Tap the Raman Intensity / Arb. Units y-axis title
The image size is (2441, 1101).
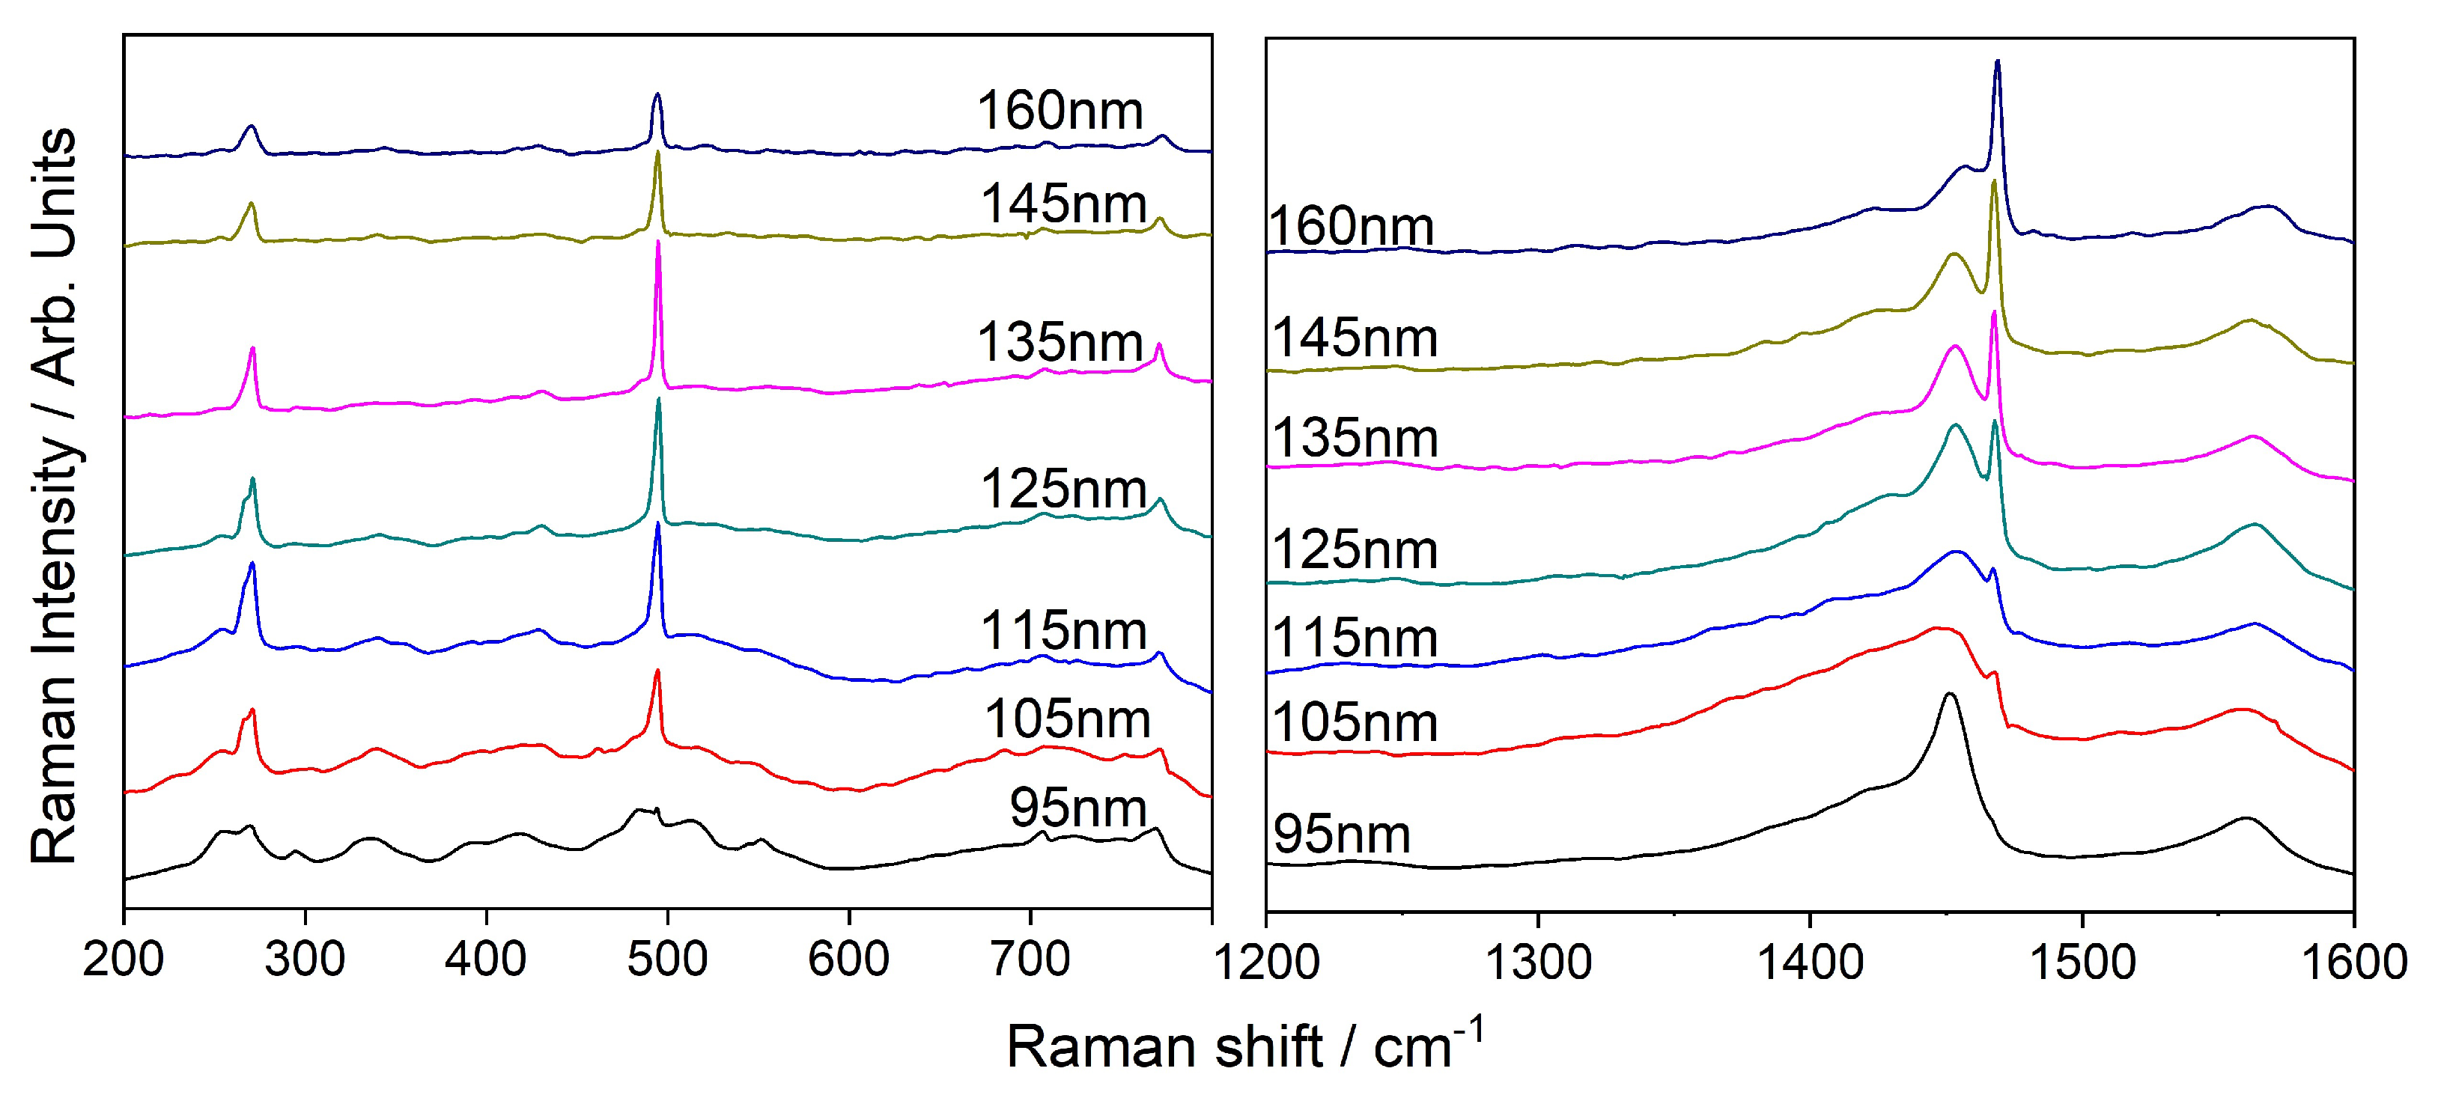point(54,495)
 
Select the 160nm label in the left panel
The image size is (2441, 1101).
point(1060,111)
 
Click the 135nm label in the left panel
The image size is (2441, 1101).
point(1060,342)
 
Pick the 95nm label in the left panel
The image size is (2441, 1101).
point(1077,808)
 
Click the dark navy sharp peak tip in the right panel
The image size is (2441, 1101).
point(1998,63)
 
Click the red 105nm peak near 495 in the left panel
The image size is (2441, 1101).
point(657,672)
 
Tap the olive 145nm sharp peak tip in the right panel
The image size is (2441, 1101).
point(1995,182)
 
